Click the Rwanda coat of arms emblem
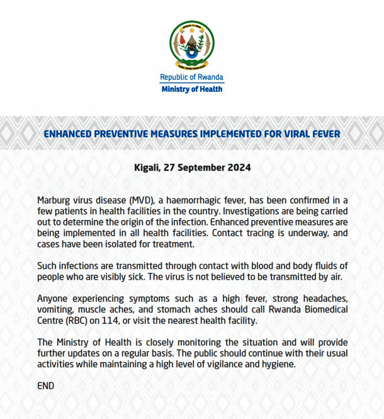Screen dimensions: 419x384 tap(192, 45)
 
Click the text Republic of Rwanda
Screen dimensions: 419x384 tap(192, 77)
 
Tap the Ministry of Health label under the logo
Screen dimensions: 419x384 tap(192, 89)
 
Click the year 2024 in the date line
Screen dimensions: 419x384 tap(239, 168)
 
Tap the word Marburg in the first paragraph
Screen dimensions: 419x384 tap(55, 200)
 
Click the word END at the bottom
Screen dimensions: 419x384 tap(46, 385)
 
